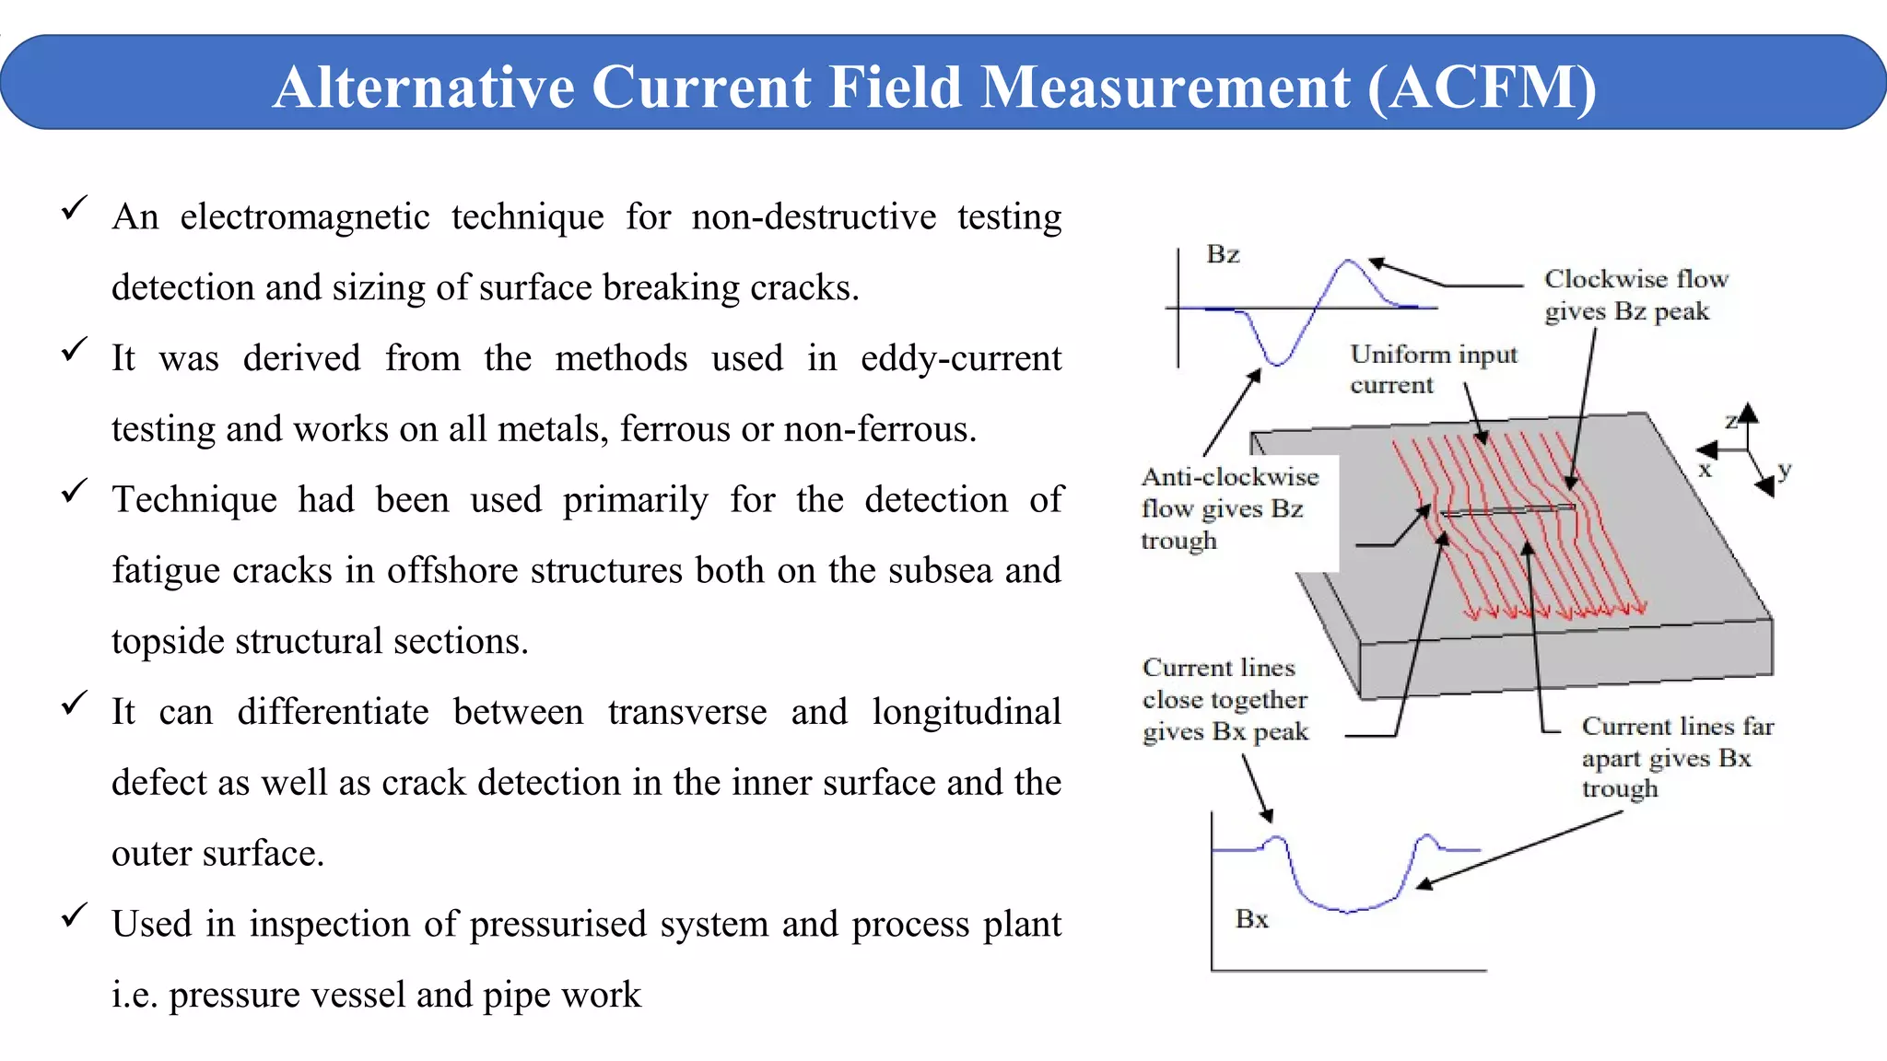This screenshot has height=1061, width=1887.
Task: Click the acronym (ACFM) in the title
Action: point(1482,88)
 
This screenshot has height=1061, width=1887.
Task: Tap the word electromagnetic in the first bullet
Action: point(305,218)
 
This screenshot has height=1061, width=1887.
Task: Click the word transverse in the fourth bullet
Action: point(687,713)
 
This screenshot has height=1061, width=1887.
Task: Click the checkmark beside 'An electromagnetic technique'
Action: point(74,208)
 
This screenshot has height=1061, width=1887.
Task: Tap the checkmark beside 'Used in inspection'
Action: point(74,915)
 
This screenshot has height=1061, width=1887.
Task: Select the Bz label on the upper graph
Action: point(1223,254)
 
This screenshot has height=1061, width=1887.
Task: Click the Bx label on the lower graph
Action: point(1251,919)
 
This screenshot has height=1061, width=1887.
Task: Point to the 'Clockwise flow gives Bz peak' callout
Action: point(1635,295)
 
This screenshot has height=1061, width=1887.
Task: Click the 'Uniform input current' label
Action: point(1433,368)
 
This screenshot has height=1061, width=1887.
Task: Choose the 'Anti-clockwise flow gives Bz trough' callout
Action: point(1229,508)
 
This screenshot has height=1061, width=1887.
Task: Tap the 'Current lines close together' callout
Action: point(1225,699)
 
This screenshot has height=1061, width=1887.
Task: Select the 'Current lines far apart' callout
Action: point(1677,757)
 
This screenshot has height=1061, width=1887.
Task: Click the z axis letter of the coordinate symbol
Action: point(1731,422)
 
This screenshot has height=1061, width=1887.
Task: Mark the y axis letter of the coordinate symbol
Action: point(1785,470)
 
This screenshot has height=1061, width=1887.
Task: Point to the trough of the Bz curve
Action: point(1276,363)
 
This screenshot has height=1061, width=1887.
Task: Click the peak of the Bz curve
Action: point(1350,262)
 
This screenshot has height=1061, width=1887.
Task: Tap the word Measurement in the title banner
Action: point(1166,88)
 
